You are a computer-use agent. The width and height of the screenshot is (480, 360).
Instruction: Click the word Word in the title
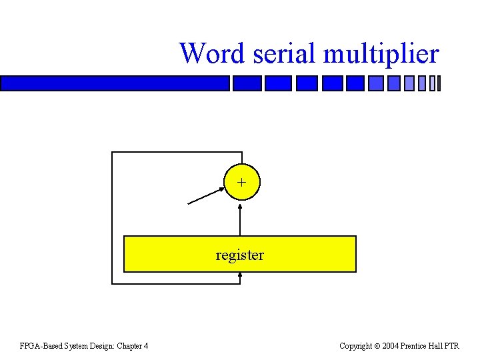[x=213, y=53]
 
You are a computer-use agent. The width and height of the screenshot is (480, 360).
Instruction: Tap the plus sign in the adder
[x=241, y=181]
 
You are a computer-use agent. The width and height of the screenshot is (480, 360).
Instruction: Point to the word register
[x=240, y=255]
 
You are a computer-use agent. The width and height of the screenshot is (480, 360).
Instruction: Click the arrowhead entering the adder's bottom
[x=241, y=203]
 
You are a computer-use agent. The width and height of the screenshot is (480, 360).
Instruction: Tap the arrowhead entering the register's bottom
[x=241, y=275]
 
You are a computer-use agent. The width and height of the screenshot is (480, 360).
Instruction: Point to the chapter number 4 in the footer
[x=146, y=345]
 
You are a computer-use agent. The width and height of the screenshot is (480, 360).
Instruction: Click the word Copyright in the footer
[x=356, y=345]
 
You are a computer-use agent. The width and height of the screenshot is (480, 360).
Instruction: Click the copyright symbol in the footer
[x=377, y=345]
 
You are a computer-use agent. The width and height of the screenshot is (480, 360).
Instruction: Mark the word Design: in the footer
[x=101, y=345]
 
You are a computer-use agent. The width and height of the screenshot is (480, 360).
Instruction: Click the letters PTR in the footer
[x=452, y=345]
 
